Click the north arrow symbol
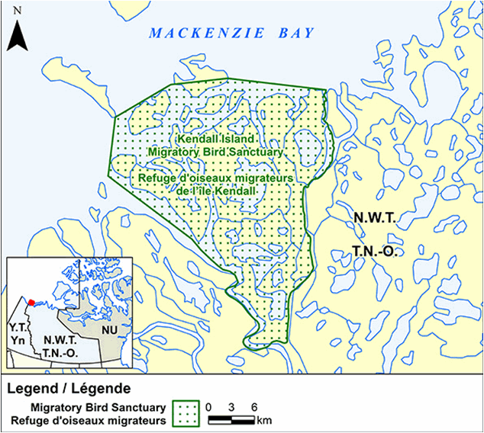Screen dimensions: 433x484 pyautogui.click(x=19, y=35)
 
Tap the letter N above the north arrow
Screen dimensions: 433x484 pyautogui.click(x=18, y=11)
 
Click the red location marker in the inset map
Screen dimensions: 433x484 pyautogui.click(x=31, y=302)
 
